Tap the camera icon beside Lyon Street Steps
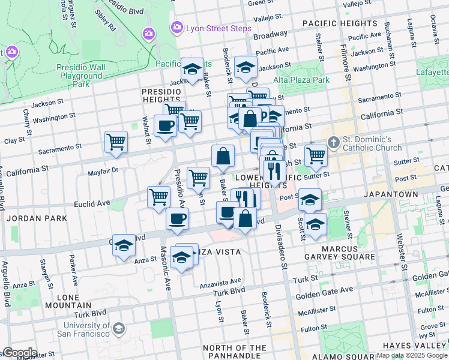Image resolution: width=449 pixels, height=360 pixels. coord(177,27)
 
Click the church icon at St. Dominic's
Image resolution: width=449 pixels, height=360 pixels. coord(334,143)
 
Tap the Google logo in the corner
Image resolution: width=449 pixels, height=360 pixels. coord(19,352)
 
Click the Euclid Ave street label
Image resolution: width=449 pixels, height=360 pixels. coord(92,203)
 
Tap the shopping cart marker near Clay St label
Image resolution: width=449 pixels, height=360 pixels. coord(116,142)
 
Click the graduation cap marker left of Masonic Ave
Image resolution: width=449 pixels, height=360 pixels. coord(124,245)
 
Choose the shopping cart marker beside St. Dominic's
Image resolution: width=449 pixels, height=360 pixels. coord(316,155)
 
